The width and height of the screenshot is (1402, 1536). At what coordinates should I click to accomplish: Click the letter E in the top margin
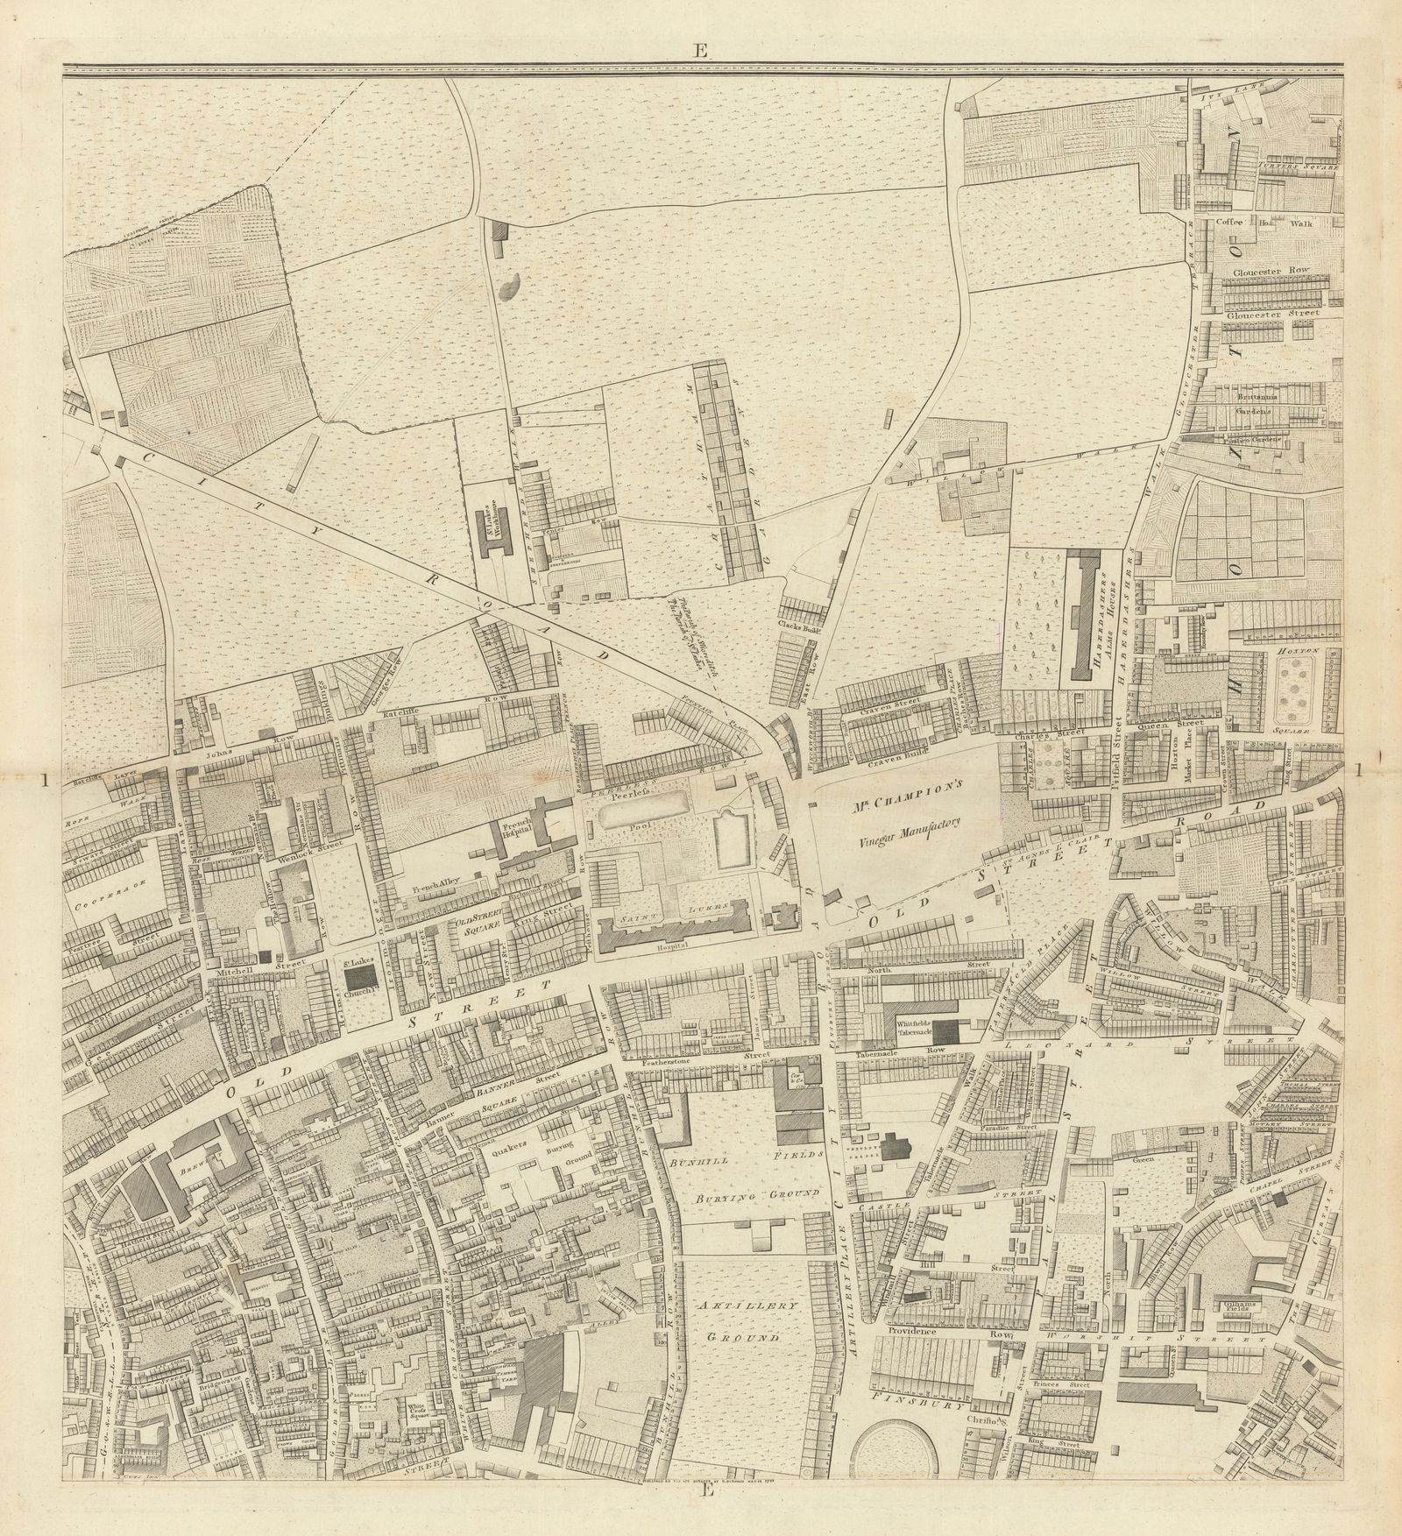tap(698, 51)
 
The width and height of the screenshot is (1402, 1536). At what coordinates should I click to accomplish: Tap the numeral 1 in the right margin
tap(1359, 770)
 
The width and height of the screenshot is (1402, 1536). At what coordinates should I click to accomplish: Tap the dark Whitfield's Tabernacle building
tap(945, 1030)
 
